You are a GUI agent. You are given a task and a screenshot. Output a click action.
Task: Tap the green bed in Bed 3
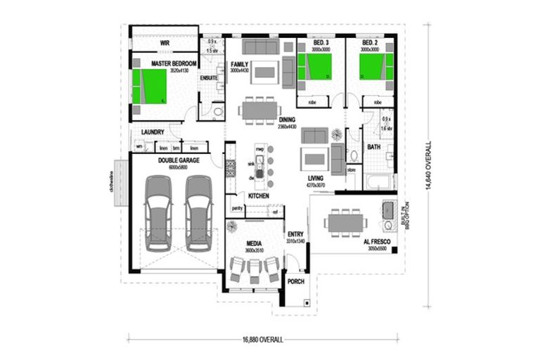click(x=319, y=67)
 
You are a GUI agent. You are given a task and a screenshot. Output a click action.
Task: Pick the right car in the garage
click(x=198, y=212)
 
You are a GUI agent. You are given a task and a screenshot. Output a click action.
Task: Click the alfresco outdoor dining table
click(x=345, y=222)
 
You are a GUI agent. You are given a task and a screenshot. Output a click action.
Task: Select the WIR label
click(x=165, y=43)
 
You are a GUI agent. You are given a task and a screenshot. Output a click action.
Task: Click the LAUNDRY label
click(x=153, y=132)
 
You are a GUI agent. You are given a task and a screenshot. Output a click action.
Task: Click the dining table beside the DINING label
click(x=259, y=110)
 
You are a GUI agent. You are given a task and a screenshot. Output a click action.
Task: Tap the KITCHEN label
click(x=258, y=195)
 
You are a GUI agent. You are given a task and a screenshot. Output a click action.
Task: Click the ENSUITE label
click(x=209, y=78)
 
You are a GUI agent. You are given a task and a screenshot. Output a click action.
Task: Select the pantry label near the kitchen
click(x=237, y=209)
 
